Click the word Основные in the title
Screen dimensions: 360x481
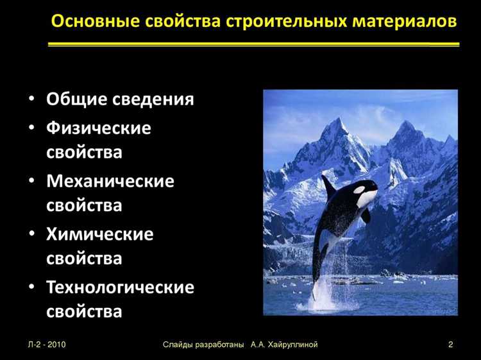[90, 21]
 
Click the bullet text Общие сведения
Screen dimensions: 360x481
[120, 100]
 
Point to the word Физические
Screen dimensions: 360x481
[99, 128]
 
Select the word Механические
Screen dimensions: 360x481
[110, 181]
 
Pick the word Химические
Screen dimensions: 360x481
[100, 234]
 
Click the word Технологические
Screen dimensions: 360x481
[120, 287]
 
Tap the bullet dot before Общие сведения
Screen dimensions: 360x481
[32, 101]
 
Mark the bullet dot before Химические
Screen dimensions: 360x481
[32, 235]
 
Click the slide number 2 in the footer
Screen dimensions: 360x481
[451, 345]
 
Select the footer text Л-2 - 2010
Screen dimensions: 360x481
[47, 345]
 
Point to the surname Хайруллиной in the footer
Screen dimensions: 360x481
[290, 345]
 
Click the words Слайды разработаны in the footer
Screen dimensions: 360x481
[203, 345]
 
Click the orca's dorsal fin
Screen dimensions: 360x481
[329, 187]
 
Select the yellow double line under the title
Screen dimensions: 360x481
[254, 44]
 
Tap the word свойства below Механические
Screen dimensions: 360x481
[84, 206]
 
